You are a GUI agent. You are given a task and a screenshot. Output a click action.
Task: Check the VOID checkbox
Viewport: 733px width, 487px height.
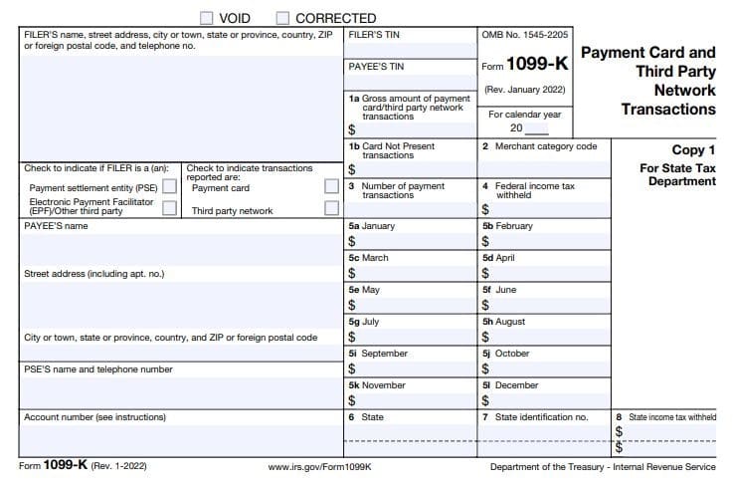click(206, 18)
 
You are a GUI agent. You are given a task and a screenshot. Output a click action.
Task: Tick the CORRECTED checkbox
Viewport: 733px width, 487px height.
click(283, 18)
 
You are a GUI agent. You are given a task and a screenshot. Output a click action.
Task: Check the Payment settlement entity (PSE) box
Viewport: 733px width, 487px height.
click(169, 187)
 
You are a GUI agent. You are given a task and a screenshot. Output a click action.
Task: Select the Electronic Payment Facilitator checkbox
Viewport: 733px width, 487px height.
click(169, 208)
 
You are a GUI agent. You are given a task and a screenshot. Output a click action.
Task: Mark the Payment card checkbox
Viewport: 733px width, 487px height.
click(332, 187)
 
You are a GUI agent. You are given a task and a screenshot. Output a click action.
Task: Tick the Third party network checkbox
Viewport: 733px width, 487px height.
click(332, 208)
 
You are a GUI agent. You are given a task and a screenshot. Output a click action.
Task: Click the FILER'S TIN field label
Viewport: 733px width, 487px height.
click(375, 35)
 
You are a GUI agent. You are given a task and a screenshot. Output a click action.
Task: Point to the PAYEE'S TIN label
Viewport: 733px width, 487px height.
click(377, 67)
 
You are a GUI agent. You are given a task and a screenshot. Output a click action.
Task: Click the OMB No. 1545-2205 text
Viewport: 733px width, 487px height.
click(525, 35)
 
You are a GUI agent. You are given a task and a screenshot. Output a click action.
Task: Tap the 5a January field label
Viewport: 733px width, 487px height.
click(372, 226)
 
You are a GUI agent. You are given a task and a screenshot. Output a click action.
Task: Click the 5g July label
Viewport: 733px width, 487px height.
click(364, 322)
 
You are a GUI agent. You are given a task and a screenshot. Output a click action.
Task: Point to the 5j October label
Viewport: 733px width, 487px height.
click(505, 354)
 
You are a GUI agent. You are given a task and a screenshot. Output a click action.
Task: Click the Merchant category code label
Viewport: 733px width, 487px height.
click(545, 146)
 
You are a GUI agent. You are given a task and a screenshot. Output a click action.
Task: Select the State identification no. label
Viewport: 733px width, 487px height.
click(541, 417)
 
